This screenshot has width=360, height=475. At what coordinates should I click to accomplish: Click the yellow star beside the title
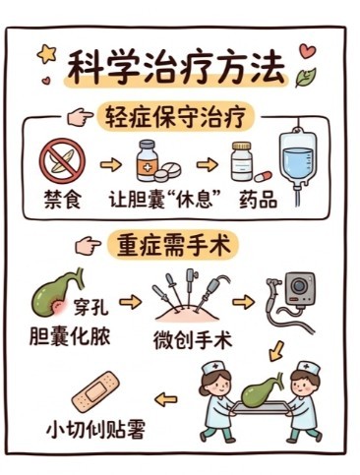point(46,54)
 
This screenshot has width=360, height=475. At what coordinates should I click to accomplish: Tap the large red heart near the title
point(308,51)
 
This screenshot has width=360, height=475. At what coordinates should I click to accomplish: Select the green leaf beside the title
point(305,77)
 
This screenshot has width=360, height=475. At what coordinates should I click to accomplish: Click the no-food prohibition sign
point(62,160)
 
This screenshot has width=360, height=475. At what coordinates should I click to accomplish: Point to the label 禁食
point(62,199)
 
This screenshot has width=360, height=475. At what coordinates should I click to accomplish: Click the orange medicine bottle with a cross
point(148,160)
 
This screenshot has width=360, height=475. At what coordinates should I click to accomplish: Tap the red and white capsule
point(264,176)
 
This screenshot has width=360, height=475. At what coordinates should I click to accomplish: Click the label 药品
point(258,199)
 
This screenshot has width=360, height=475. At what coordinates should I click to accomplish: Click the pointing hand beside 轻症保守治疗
point(80,118)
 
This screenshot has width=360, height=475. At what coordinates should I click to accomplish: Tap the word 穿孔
point(91,307)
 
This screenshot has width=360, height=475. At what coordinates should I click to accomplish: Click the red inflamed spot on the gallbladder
point(59,308)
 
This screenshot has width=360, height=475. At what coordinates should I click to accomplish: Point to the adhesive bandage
point(96,390)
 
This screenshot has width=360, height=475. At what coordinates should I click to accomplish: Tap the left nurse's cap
point(212,368)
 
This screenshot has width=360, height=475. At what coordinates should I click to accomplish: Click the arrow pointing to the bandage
point(166,400)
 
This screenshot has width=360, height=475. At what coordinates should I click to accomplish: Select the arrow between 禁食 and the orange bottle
point(111,164)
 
